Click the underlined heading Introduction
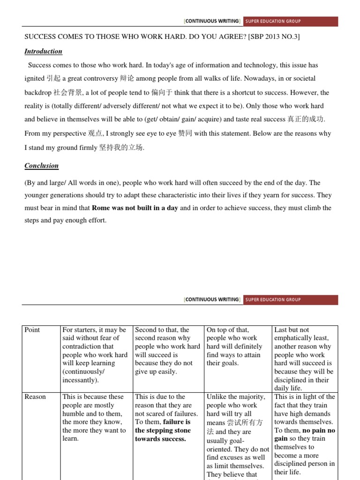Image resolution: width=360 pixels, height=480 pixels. (43, 52)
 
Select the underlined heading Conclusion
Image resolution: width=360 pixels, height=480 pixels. (42, 165)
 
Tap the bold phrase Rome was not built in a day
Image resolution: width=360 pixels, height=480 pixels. (135, 208)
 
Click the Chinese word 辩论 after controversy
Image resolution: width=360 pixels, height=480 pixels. (127, 79)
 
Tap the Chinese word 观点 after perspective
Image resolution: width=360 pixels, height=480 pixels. (95, 134)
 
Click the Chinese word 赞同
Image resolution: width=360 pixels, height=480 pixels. (185, 134)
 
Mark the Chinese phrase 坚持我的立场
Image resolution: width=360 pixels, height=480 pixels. (121, 148)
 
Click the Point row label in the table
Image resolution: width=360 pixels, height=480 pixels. (32, 330)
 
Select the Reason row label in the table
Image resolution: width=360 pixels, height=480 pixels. (35, 397)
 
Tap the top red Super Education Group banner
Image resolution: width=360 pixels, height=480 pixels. (290, 21)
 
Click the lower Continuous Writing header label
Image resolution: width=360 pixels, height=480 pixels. (213, 300)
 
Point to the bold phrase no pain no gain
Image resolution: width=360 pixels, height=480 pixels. (305, 435)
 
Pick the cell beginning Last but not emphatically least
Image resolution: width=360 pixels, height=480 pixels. (305, 359)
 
